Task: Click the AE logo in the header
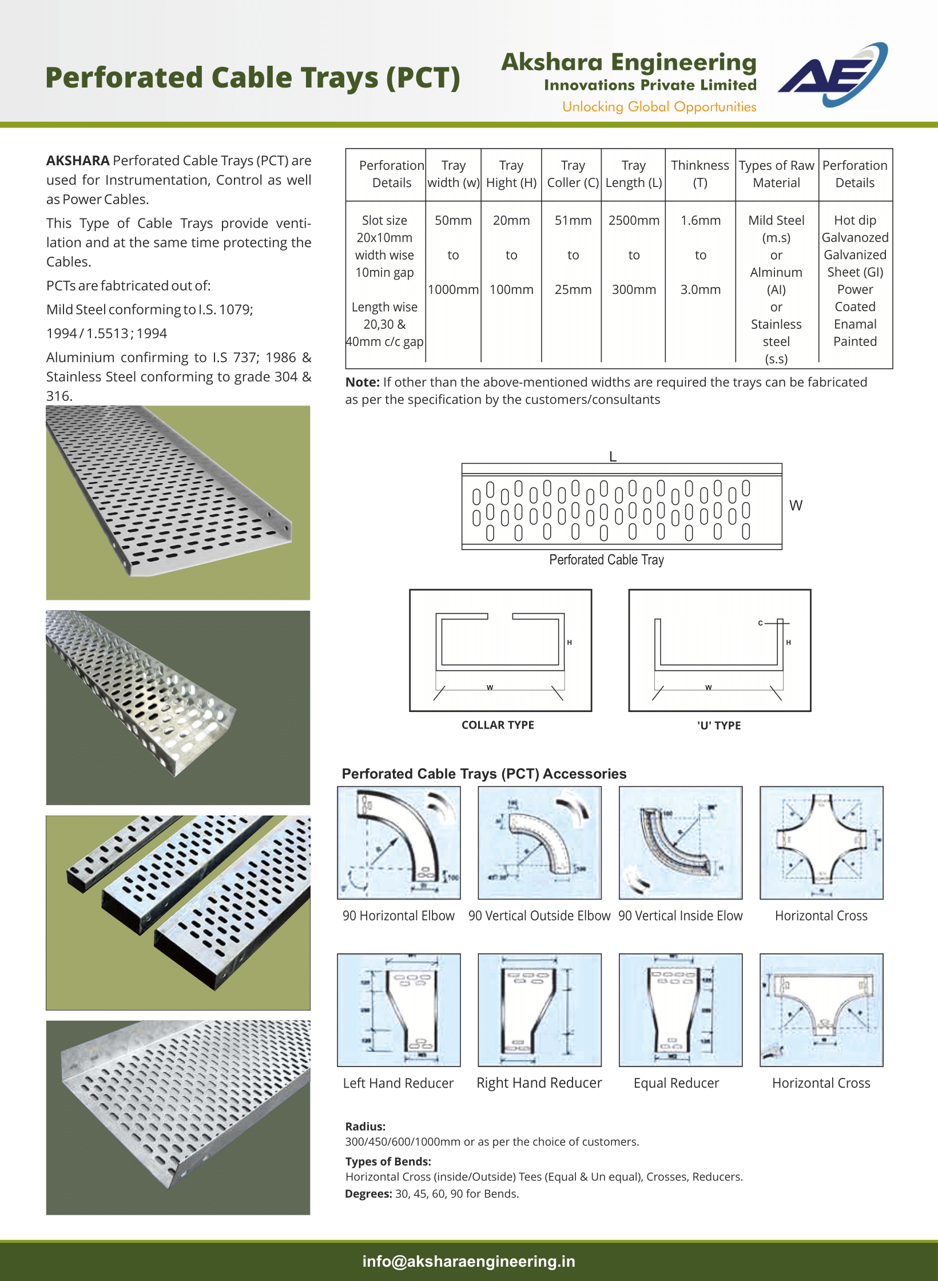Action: coord(832,75)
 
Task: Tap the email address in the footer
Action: coord(468,1261)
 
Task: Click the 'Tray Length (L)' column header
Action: coord(634,174)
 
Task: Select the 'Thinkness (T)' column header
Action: coord(700,174)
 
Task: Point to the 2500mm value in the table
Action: coord(634,220)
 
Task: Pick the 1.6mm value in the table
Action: coord(700,220)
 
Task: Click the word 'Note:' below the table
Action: coord(362,382)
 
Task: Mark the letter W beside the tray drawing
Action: coord(796,506)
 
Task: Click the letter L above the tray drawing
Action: coord(613,456)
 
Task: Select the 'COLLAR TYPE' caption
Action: coord(498,725)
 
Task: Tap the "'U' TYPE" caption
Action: coord(719,726)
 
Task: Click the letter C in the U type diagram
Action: coord(760,623)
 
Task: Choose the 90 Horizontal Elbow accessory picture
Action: coord(399,842)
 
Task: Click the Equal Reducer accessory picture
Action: coord(680,1009)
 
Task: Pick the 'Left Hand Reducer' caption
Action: coord(398,1083)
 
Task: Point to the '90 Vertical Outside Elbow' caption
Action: coord(539,916)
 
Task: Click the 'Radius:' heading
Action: coord(365,1127)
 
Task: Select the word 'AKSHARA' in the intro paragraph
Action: coord(78,161)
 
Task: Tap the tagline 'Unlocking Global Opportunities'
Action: coord(659,107)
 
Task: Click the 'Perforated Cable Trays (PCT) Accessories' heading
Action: coord(484,774)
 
